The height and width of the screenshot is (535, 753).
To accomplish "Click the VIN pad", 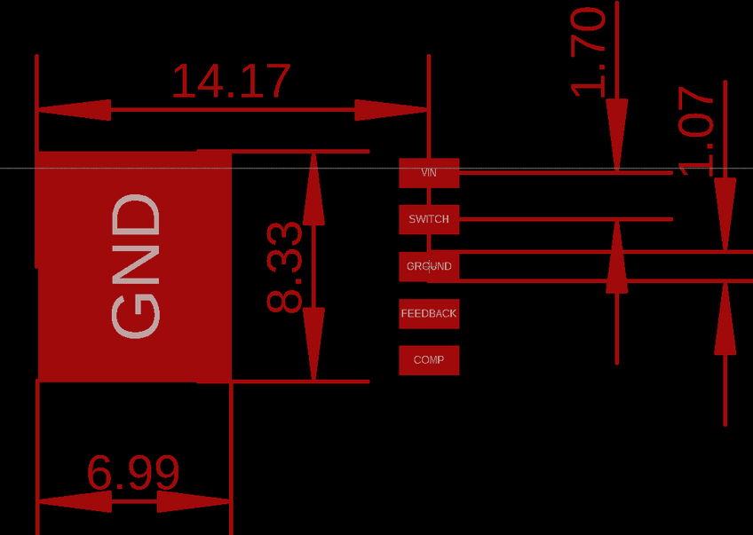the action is click(429, 172).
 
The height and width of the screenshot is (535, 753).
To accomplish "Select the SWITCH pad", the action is click(429, 219).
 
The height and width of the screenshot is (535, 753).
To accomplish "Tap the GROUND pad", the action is click(429, 266).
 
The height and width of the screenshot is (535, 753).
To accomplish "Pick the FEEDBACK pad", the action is click(429, 313).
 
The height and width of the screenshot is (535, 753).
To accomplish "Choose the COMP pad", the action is click(429, 360).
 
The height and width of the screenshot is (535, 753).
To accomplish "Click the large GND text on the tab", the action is click(137, 266).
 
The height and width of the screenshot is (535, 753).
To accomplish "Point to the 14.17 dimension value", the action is click(230, 81).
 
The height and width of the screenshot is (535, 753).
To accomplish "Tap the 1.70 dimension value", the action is click(588, 51).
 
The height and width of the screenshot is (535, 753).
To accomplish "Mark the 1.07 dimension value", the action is click(696, 130).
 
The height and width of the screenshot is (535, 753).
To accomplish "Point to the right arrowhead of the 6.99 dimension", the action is click(194, 501).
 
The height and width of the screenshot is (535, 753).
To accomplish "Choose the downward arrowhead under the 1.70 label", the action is click(617, 133).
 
